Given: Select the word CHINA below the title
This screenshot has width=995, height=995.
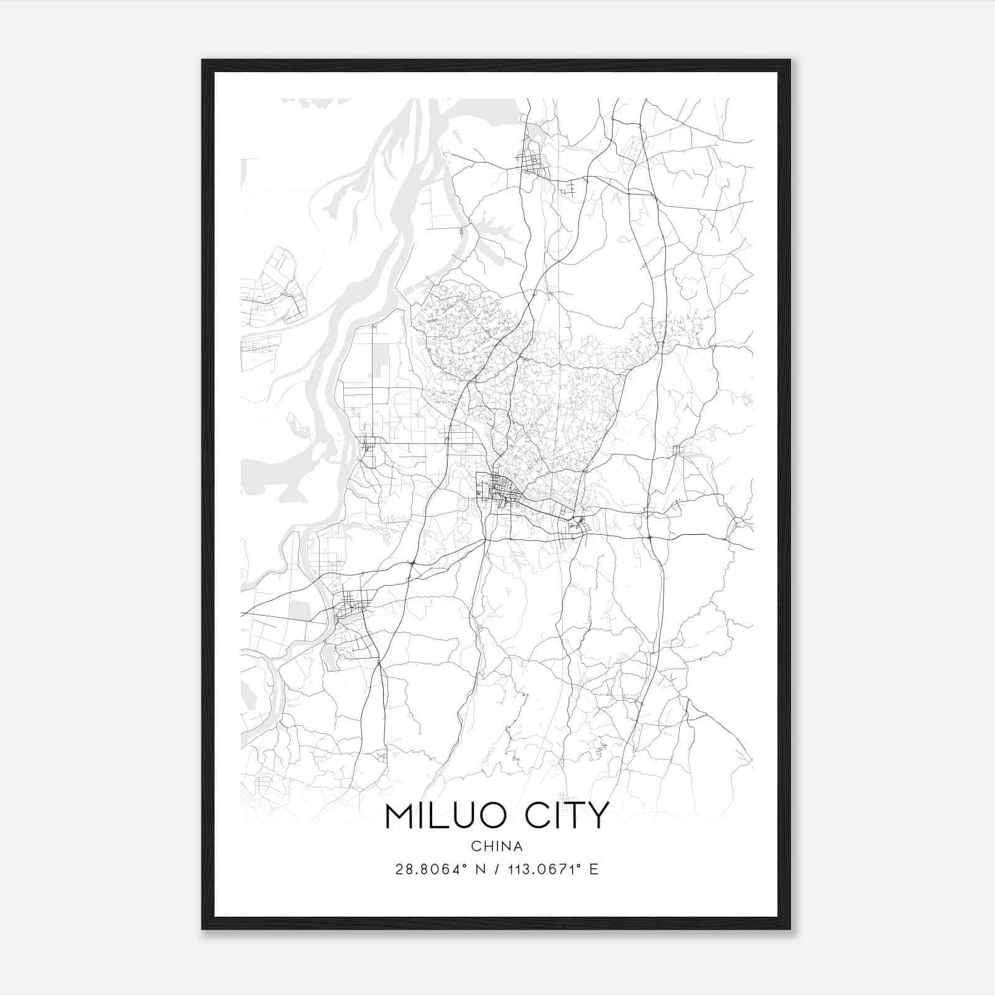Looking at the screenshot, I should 497,846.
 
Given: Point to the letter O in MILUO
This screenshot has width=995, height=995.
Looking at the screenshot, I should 504,816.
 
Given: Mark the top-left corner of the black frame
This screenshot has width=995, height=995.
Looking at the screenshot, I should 203,60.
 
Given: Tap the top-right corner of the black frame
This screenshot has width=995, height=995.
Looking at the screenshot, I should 790,60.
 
